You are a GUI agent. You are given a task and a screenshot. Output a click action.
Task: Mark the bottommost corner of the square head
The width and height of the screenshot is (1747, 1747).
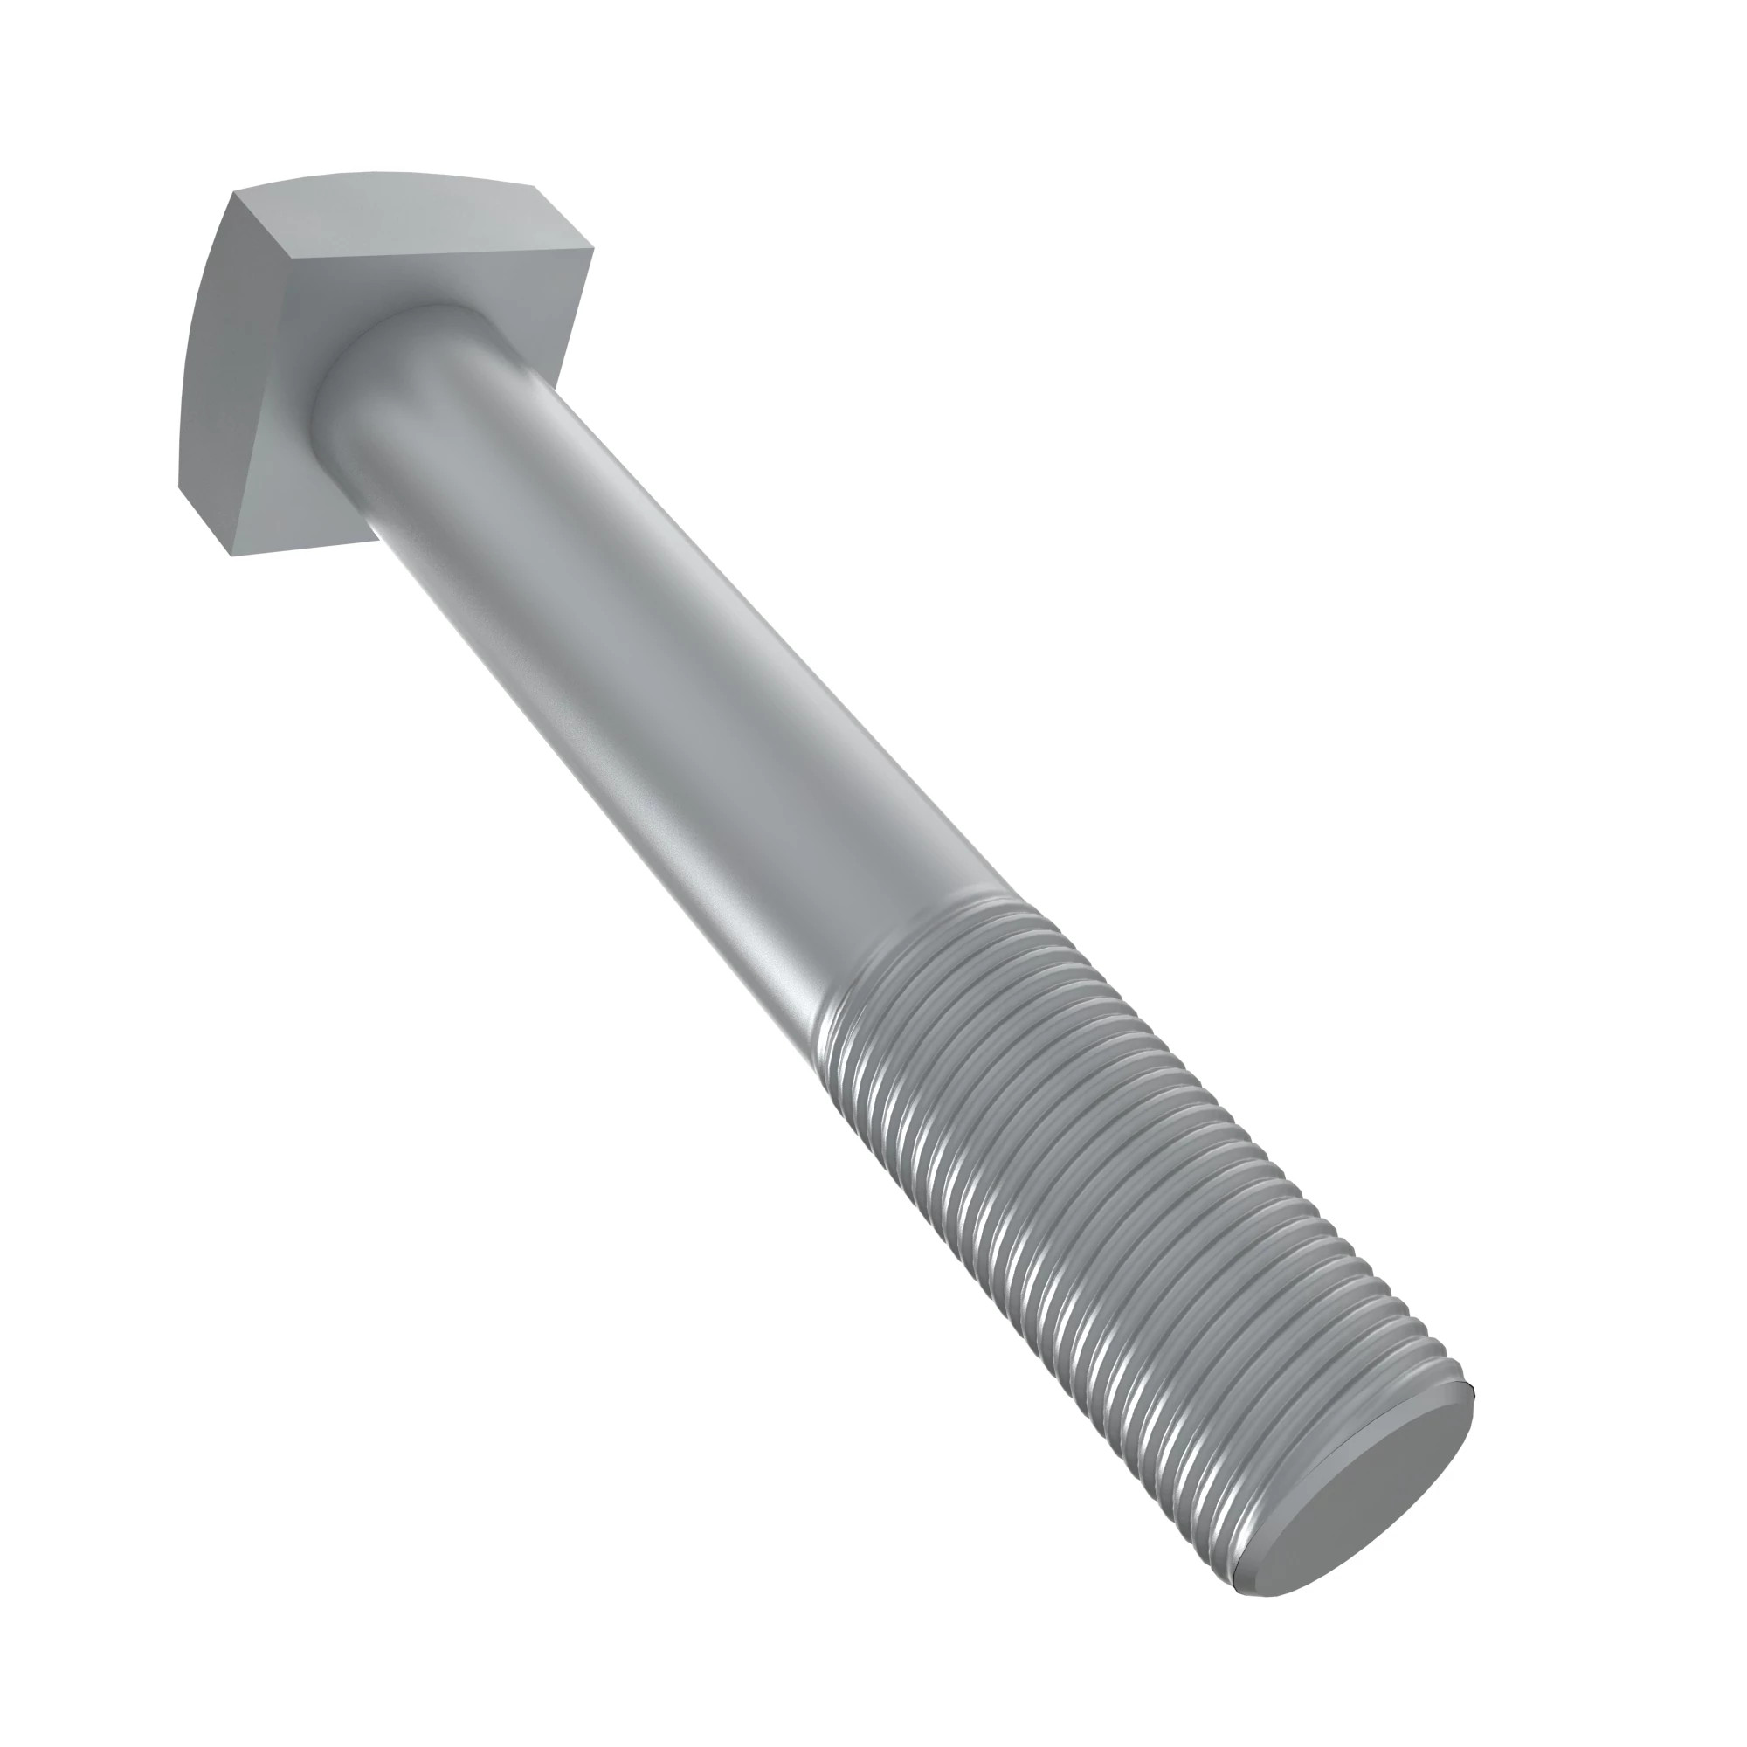pos(233,555)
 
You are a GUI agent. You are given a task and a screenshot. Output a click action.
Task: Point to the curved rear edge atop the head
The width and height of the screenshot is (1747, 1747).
pos(380,174)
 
